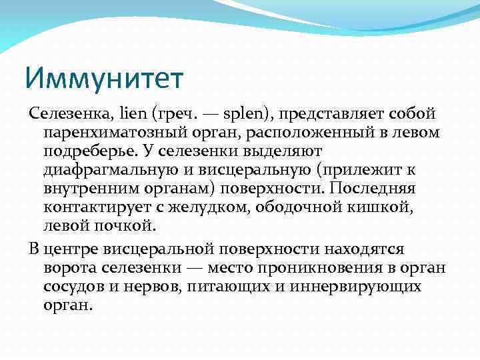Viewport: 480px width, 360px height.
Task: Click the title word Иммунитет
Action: [104, 79]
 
